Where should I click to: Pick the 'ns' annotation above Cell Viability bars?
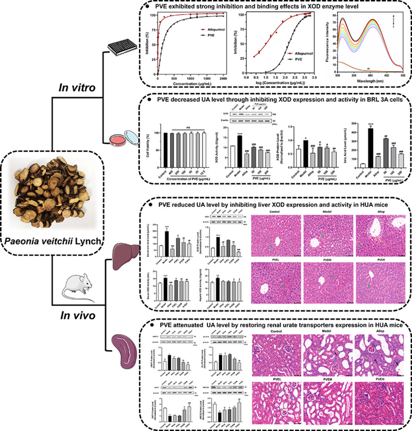tap(188, 127)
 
